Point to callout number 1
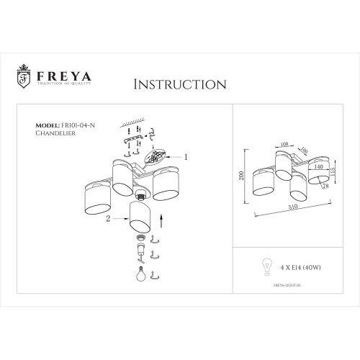click(186, 156)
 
